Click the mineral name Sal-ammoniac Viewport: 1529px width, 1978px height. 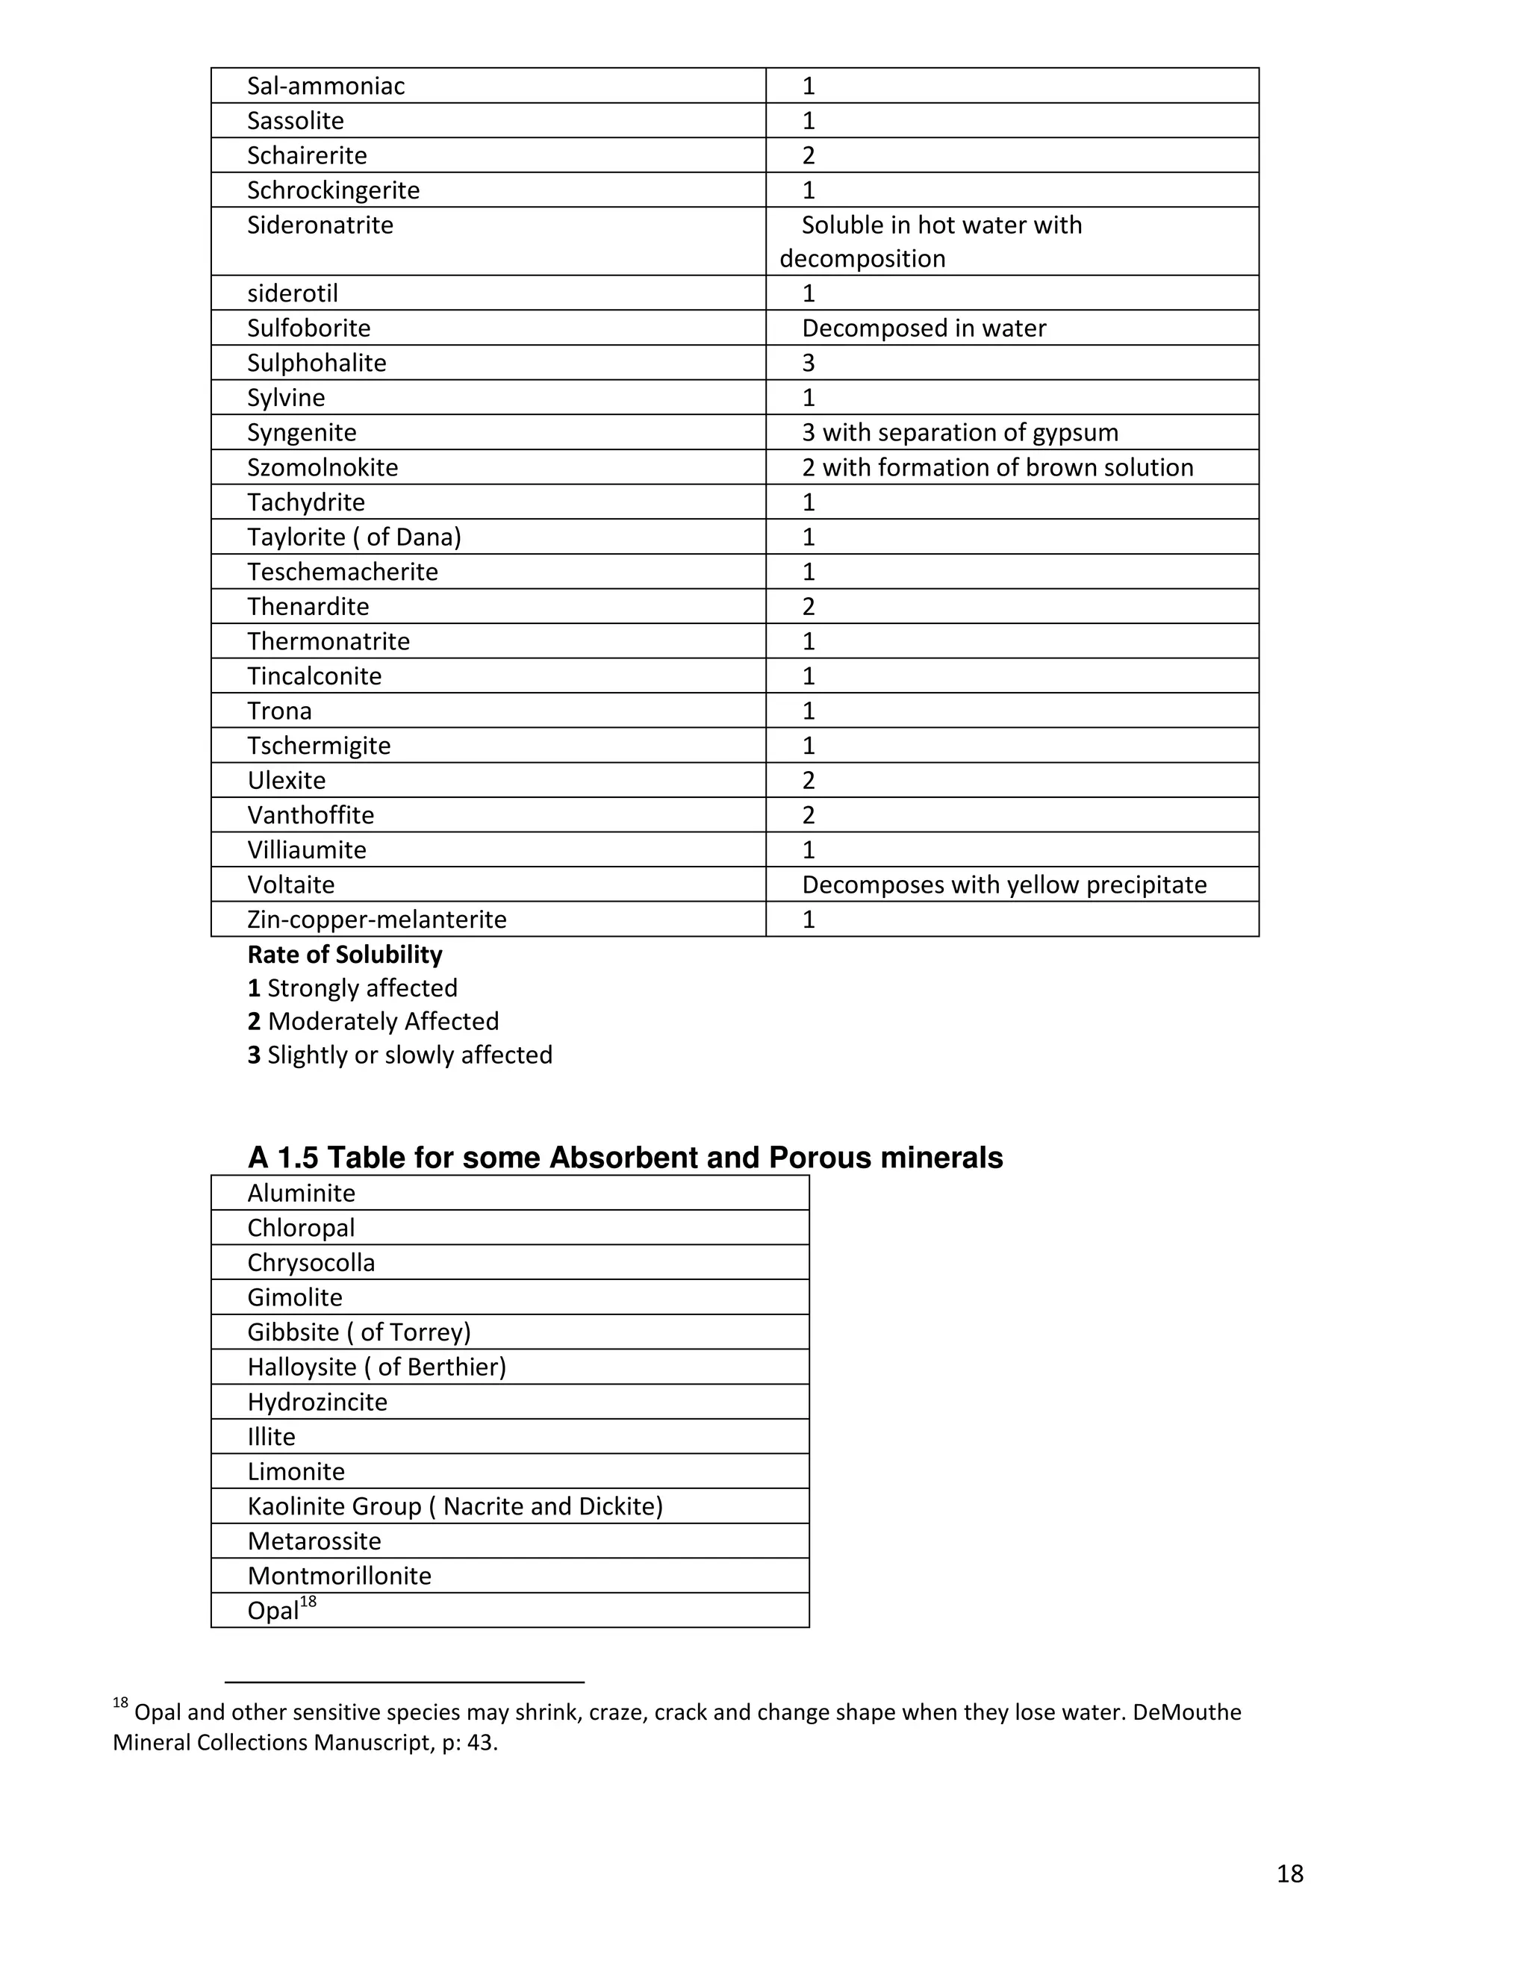click(326, 86)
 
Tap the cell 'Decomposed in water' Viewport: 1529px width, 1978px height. click(924, 328)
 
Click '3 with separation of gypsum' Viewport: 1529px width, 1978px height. click(960, 433)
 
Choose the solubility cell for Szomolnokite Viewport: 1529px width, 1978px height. click(997, 467)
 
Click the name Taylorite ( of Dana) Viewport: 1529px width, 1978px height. click(354, 537)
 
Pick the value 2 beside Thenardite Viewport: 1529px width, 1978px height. click(809, 607)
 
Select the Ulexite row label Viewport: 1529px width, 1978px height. click(286, 781)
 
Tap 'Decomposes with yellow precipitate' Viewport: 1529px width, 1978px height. click(1003, 885)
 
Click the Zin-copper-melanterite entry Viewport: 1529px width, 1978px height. click(377, 920)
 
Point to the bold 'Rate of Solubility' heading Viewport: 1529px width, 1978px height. click(345, 955)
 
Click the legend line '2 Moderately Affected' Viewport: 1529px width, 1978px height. click(373, 1022)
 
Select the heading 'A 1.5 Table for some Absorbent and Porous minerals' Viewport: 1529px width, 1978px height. click(625, 1158)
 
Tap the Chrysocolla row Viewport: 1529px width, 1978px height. click(311, 1262)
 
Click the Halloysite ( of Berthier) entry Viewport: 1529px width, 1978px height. click(377, 1367)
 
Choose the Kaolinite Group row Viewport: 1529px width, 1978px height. click(455, 1506)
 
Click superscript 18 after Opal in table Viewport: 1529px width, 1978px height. click(308, 1602)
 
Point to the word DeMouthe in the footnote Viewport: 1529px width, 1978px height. click(1186, 1712)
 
